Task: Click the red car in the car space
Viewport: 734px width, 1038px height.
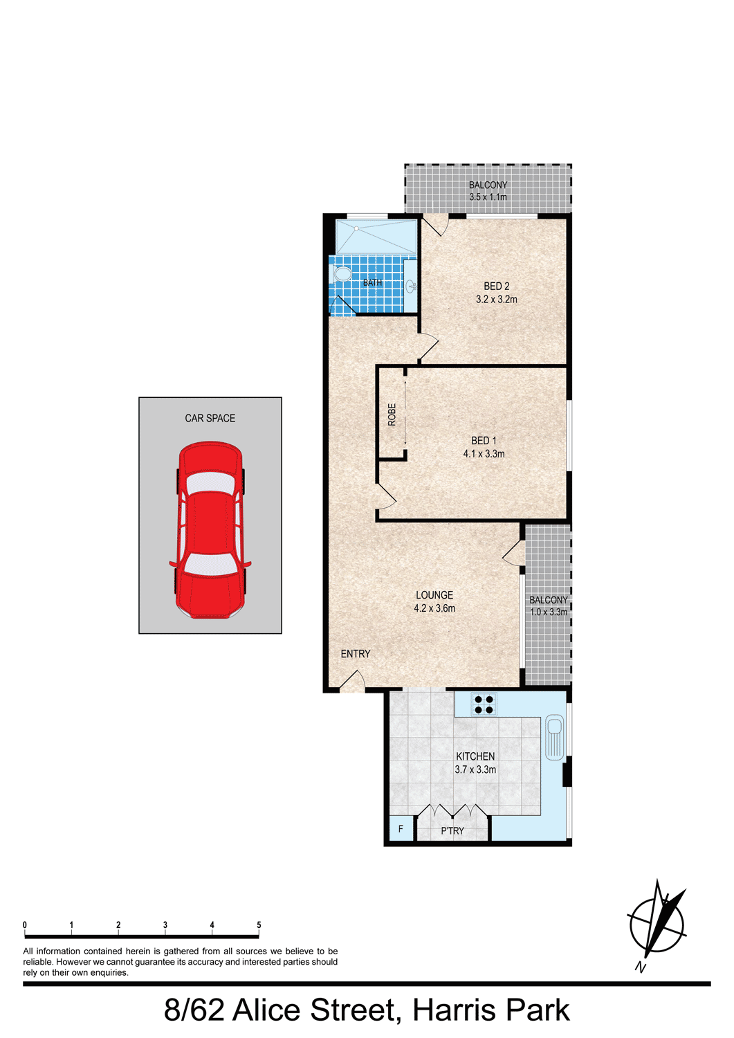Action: click(210, 529)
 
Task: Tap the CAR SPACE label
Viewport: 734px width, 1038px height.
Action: click(210, 419)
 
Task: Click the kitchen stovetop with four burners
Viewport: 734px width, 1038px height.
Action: click(484, 704)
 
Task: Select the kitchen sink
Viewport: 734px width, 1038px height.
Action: click(554, 738)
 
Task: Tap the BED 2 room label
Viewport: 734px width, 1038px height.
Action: click(496, 286)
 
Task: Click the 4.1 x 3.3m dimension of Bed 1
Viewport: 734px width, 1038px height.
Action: click(484, 454)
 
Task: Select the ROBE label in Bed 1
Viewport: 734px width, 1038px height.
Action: click(392, 415)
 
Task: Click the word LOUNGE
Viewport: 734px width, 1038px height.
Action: click(434, 594)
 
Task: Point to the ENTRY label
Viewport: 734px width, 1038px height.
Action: click(356, 654)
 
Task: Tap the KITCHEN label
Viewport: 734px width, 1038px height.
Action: click(475, 756)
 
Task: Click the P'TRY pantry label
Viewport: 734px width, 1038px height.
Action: click(452, 831)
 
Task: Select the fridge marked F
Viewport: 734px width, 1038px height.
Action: click(401, 829)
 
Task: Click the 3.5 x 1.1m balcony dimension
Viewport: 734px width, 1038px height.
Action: click(488, 197)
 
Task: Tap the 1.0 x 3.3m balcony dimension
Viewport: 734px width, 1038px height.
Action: click(549, 612)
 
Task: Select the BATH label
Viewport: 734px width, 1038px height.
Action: click(373, 282)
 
